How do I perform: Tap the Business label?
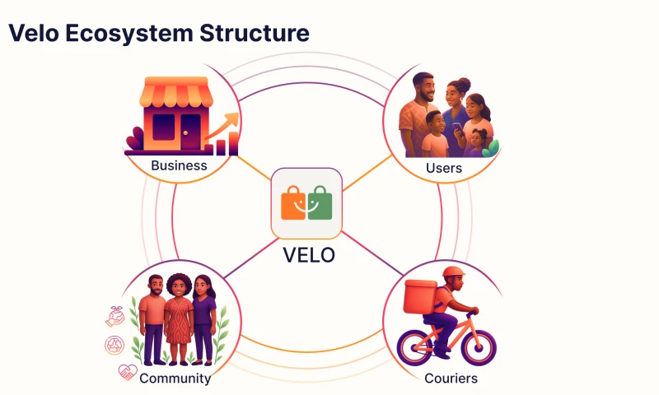pyautogui.click(x=179, y=166)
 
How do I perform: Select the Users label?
pyautogui.click(x=444, y=168)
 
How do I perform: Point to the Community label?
pyautogui.click(x=175, y=379)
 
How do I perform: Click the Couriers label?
pyautogui.click(x=451, y=379)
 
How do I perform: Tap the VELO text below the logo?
pyautogui.click(x=309, y=255)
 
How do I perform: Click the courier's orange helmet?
pyautogui.click(x=452, y=272)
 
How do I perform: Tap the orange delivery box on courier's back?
pyautogui.click(x=420, y=296)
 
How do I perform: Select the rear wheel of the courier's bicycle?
pyautogui.click(x=415, y=346)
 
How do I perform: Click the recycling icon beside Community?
pyautogui.click(x=114, y=345)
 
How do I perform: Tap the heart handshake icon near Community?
pyautogui.click(x=127, y=372)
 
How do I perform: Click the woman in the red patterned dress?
pyautogui.click(x=177, y=321)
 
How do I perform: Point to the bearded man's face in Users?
pyautogui.click(x=423, y=87)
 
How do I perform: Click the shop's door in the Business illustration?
pyautogui.click(x=191, y=131)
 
